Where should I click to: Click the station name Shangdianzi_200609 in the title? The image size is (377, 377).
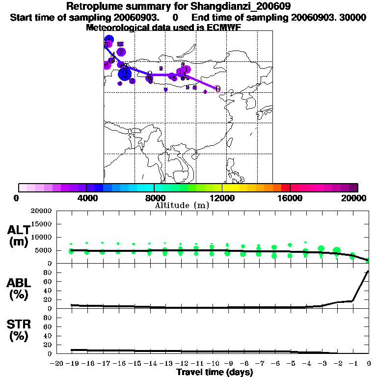click(234, 7)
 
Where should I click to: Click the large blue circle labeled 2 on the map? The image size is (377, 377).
click(125, 73)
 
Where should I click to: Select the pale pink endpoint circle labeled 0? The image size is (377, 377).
click(217, 89)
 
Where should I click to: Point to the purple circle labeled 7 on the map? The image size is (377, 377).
click(121, 52)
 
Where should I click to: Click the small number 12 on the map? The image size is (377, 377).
click(120, 44)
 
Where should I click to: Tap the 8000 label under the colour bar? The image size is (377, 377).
click(154, 198)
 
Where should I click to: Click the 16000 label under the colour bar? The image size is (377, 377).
click(290, 198)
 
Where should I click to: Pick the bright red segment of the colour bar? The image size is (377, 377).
click(285, 188)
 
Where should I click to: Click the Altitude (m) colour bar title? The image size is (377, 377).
click(182, 205)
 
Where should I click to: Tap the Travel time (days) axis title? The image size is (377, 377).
click(215, 372)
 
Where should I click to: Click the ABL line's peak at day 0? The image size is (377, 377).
click(368, 271)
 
